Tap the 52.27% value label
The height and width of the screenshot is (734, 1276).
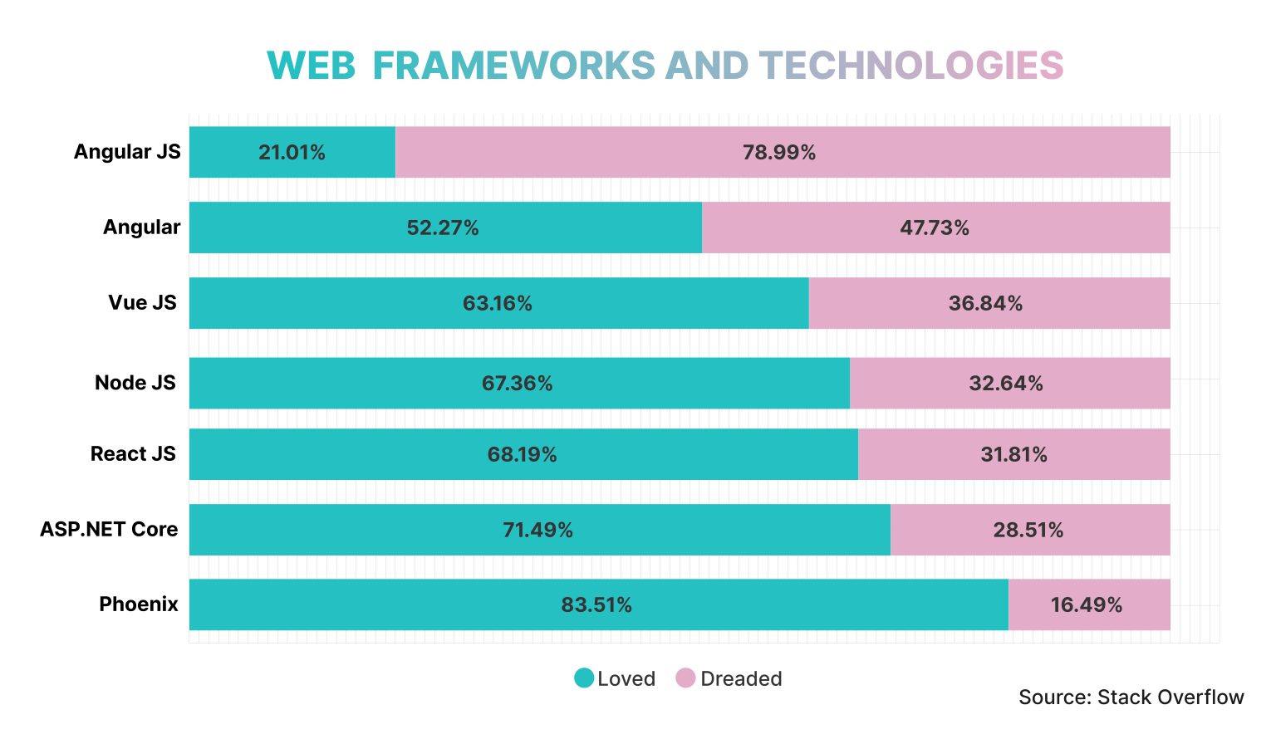click(442, 228)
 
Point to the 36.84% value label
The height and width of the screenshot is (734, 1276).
click(985, 303)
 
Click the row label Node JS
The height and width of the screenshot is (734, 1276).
click(135, 383)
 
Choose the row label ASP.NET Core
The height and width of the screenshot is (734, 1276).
click(109, 529)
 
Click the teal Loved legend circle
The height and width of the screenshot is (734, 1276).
click(584, 678)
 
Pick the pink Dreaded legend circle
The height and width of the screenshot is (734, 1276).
click(685, 678)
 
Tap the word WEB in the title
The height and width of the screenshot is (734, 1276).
click(311, 66)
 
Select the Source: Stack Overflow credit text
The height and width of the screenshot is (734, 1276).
click(1131, 697)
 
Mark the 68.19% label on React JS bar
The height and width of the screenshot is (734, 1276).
click(522, 454)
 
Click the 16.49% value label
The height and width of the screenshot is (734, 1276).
click(1086, 604)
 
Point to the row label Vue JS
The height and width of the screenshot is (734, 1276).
click(142, 302)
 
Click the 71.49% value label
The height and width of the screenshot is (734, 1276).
click(537, 530)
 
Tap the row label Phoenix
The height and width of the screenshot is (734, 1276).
click(139, 604)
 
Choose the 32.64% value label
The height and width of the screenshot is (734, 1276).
click(1005, 383)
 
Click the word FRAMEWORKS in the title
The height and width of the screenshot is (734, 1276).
click(513, 66)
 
